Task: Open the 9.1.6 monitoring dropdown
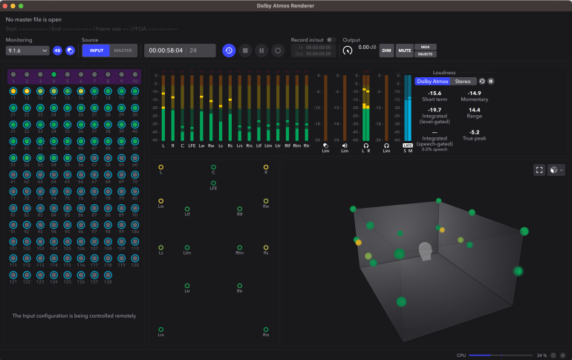(x=27, y=50)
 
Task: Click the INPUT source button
(x=95, y=50)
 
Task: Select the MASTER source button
(x=123, y=50)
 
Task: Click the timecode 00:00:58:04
(x=166, y=50)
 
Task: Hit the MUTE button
(x=404, y=50)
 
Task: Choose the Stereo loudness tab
(x=463, y=81)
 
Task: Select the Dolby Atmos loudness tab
(x=432, y=81)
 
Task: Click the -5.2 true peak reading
(x=474, y=132)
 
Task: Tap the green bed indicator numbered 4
(x=54, y=75)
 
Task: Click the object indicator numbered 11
(x=13, y=91)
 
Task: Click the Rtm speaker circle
(x=240, y=248)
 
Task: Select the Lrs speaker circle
(x=160, y=330)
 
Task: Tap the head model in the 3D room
(x=426, y=251)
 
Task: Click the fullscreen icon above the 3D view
(x=539, y=170)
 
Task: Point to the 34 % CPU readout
(x=542, y=356)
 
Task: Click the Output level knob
(x=348, y=50)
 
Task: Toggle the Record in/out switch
(x=331, y=39)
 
